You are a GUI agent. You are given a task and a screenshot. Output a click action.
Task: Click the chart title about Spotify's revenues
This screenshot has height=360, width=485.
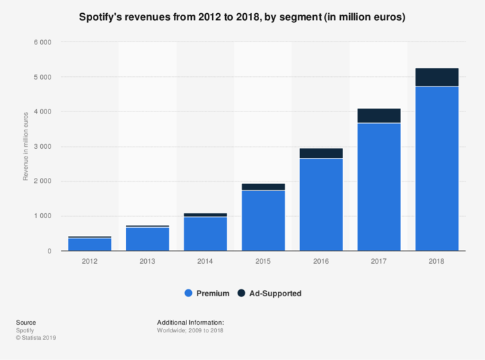click(x=242, y=17)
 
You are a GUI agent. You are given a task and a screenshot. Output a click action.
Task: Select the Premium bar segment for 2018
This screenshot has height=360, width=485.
click(x=436, y=168)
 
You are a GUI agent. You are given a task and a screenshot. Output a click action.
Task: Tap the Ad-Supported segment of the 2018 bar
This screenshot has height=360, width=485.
click(x=436, y=77)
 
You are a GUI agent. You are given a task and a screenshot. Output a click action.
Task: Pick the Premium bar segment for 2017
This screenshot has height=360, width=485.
click(x=379, y=187)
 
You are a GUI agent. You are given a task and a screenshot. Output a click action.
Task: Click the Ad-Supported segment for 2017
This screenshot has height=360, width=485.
click(x=379, y=116)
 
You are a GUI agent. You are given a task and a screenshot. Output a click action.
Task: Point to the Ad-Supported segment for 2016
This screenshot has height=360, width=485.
click(x=321, y=153)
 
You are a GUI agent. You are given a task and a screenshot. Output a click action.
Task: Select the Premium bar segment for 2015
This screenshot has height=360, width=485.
click(x=263, y=220)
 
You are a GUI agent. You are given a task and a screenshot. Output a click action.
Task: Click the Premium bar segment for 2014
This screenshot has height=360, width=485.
click(x=205, y=234)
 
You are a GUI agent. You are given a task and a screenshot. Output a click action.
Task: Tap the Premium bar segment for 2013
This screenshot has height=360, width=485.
click(x=148, y=239)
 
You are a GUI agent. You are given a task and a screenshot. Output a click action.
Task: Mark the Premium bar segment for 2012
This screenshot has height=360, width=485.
click(x=89, y=244)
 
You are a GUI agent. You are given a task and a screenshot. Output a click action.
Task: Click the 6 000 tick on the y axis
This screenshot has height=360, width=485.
click(x=42, y=42)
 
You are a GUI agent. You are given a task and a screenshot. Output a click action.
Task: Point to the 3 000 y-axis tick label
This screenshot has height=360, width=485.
click(x=42, y=147)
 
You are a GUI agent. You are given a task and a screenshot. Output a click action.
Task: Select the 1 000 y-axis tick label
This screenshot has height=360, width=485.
click(x=42, y=216)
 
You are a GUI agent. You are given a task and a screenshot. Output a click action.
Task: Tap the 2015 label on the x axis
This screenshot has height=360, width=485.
click(x=263, y=261)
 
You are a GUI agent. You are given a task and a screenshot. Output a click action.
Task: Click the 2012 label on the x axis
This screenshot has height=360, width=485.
click(x=89, y=261)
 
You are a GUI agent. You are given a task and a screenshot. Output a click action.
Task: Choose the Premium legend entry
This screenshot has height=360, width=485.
click(x=207, y=294)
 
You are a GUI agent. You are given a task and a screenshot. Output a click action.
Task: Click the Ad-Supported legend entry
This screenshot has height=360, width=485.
click(x=270, y=294)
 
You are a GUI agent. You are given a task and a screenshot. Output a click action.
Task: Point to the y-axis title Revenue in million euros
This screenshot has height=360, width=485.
click(x=26, y=146)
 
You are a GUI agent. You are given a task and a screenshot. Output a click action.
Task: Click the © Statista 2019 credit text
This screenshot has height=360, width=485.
click(x=35, y=338)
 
